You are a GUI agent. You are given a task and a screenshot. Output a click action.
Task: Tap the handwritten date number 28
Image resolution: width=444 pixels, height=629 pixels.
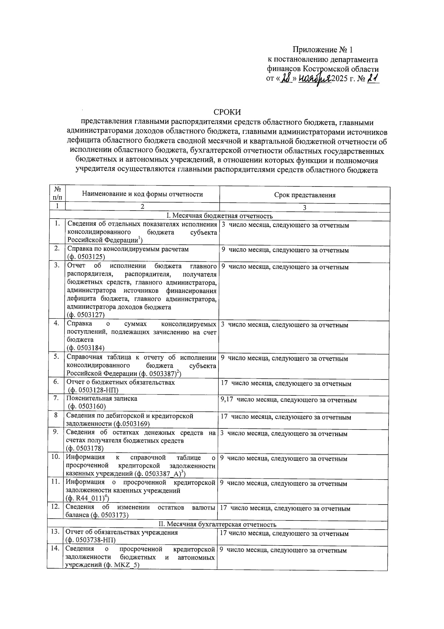[286, 78]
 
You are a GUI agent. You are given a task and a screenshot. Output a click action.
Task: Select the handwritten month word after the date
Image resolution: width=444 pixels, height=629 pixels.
[314, 79]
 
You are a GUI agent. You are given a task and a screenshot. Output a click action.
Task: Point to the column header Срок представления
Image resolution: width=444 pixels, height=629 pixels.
[305, 195]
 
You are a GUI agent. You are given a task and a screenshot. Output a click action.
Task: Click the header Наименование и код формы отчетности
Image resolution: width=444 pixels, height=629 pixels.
[142, 194]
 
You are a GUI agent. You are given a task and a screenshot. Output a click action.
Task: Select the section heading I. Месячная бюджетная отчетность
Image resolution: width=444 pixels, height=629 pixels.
[220, 216]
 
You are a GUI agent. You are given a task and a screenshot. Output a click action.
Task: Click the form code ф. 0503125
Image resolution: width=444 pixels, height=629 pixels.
[86, 257]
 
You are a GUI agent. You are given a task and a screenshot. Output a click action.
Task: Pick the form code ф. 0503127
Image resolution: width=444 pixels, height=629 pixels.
[86, 315]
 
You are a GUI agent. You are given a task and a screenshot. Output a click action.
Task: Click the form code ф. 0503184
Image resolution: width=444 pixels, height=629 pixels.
[86, 348]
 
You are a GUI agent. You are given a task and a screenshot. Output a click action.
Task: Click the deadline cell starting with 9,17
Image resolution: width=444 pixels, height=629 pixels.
[288, 400]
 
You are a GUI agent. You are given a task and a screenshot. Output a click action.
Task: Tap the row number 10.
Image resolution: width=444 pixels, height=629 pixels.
[55, 457]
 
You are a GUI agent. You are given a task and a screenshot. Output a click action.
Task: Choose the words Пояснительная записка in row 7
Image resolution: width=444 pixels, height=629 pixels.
[102, 398]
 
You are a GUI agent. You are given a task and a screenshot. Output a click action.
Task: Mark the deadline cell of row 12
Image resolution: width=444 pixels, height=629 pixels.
[285, 509]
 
